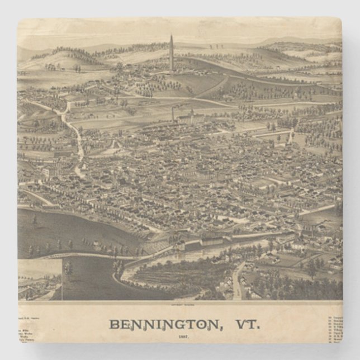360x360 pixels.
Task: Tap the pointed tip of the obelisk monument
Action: (x=171, y=36)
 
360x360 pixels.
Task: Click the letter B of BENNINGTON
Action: (x=113, y=324)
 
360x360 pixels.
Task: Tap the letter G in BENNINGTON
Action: (x=172, y=324)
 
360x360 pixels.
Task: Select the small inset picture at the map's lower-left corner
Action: (x=39, y=279)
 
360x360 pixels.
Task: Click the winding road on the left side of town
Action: (x=75, y=134)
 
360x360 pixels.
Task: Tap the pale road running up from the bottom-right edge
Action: (x=238, y=282)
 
